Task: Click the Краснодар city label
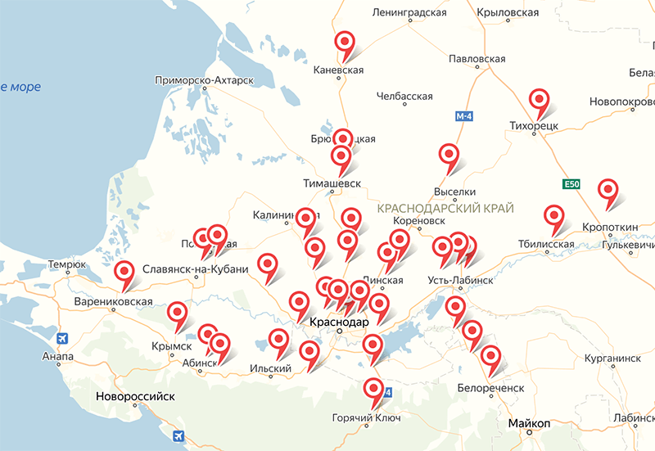click(340, 322)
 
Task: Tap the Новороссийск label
click(136, 396)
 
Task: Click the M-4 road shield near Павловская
click(464, 116)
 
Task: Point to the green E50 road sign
click(571, 184)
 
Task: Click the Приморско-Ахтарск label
click(205, 81)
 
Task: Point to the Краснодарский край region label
click(445, 210)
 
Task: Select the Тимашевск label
click(332, 184)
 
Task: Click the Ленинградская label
click(409, 13)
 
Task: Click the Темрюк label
click(67, 264)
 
